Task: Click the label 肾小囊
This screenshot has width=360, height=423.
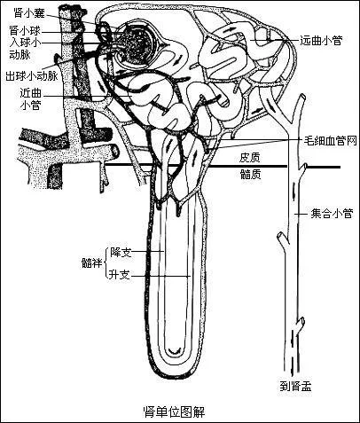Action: (29, 12)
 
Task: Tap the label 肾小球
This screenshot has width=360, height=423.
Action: (25, 30)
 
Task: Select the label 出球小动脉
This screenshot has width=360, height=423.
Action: (31, 76)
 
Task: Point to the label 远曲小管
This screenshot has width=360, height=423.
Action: (321, 40)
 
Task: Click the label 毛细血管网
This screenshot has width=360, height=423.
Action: (331, 141)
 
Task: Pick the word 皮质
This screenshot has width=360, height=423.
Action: (250, 158)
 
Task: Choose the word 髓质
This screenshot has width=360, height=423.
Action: (251, 175)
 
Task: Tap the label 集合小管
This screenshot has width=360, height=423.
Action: (332, 214)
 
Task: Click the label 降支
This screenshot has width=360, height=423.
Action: (121, 252)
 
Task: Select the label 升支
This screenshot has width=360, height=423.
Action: (120, 275)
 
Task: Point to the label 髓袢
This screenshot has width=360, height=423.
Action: (92, 262)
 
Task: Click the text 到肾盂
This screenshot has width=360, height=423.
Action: (295, 387)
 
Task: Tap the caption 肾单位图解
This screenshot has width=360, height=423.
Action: (174, 411)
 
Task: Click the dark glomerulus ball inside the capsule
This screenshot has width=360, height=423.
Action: (137, 43)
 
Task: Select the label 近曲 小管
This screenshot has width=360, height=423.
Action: (30, 99)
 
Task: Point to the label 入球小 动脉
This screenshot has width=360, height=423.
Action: (25, 49)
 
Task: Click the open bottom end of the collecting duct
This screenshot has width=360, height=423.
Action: (292, 372)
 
